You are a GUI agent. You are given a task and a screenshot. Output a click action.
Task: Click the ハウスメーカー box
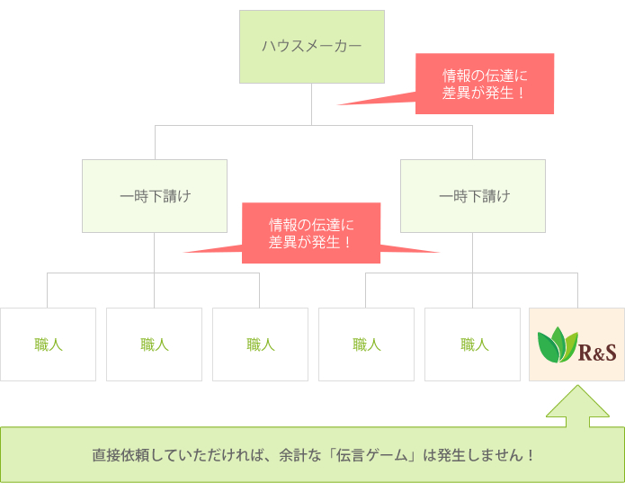[311, 46]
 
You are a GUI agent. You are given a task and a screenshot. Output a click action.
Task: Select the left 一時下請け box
[154, 196]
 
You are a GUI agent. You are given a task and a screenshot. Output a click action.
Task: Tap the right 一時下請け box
[472, 196]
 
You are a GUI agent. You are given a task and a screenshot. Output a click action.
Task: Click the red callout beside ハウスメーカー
[484, 84]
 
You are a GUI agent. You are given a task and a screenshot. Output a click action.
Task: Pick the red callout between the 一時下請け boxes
[310, 233]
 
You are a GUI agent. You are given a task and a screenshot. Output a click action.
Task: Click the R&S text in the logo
[597, 351]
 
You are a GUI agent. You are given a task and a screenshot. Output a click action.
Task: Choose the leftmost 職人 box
[48, 344]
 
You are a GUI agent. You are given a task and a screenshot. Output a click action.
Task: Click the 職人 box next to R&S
[472, 344]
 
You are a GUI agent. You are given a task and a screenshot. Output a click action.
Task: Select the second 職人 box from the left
[154, 344]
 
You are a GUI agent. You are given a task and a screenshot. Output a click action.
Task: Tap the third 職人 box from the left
[260, 344]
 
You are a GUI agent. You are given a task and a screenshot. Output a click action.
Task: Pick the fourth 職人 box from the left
[366, 344]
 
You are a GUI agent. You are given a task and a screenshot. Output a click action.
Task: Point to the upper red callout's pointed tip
[340, 104]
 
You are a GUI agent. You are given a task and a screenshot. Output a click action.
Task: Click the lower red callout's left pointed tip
[186, 252]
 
